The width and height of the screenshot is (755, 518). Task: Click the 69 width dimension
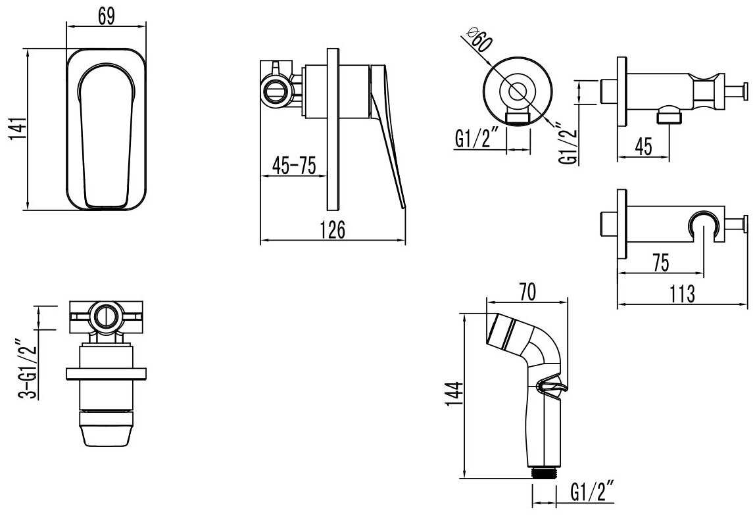click(107, 16)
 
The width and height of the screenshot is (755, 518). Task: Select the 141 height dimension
click(18, 129)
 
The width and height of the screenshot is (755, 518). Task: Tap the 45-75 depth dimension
click(294, 166)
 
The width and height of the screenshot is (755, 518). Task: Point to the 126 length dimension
click(333, 229)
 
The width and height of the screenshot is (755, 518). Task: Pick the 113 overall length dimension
click(682, 294)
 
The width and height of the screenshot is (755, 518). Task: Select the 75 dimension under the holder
click(660, 263)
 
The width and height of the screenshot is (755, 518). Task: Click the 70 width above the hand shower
click(527, 292)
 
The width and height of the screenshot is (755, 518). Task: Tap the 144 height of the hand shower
click(454, 394)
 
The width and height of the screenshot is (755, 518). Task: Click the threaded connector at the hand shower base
click(544, 472)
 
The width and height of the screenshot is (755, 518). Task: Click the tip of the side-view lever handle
click(404, 208)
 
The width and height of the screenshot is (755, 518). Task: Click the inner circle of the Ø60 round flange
click(518, 91)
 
